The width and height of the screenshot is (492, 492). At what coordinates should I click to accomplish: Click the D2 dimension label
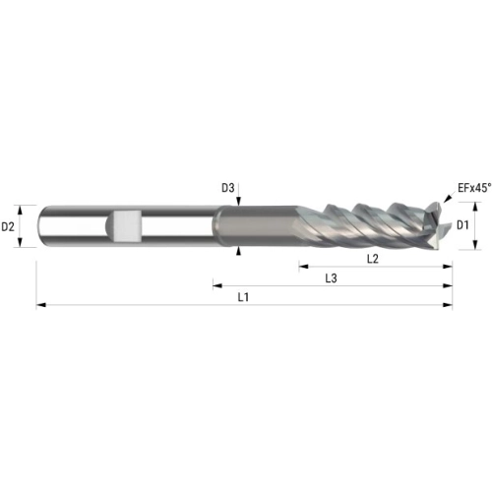pos(8,226)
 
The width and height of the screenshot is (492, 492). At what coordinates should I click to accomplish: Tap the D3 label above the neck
pos(228,188)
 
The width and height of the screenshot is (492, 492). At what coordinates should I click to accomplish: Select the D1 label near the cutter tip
pos(462,225)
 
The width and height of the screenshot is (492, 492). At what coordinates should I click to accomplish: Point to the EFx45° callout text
pos(474,188)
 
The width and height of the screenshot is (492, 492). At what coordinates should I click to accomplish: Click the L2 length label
pos(373,259)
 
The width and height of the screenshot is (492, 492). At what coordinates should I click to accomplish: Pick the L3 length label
pos(331,278)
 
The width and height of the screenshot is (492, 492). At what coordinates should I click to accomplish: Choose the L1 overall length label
pos(243,297)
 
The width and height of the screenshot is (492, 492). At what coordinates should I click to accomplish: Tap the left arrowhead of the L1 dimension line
pos(41,305)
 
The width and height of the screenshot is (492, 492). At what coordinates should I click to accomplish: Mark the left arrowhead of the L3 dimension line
pos(217,286)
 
